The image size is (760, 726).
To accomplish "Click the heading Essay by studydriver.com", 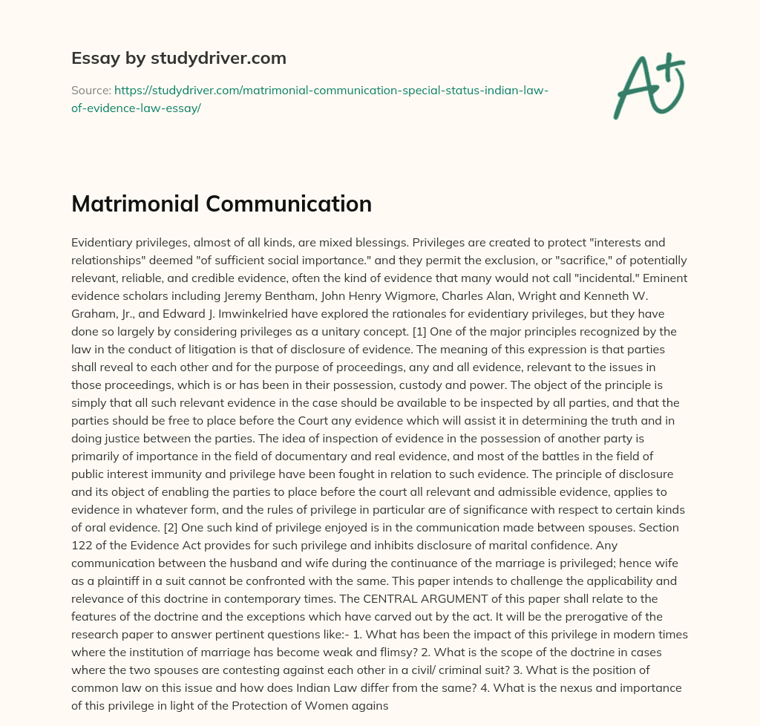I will click(179, 58).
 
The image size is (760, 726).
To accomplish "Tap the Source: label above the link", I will click(91, 90).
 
